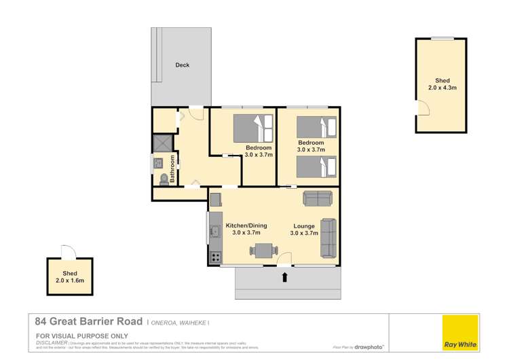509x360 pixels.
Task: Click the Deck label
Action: click(x=182, y=65)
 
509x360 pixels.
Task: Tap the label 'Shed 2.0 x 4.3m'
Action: click(x=442, y=84)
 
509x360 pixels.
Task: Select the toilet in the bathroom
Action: click(x=163, y=179)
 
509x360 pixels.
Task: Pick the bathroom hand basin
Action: click(x=158, y=163)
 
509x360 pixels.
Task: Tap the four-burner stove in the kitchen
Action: click(x=215, y=257)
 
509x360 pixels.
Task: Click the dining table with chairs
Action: click(x=262, y=251)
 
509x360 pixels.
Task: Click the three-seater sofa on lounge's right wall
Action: click(x=328, y=238)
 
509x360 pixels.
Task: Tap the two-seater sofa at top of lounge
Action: click(x=318, y=198)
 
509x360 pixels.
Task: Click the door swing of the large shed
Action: click(x=421, y=107)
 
